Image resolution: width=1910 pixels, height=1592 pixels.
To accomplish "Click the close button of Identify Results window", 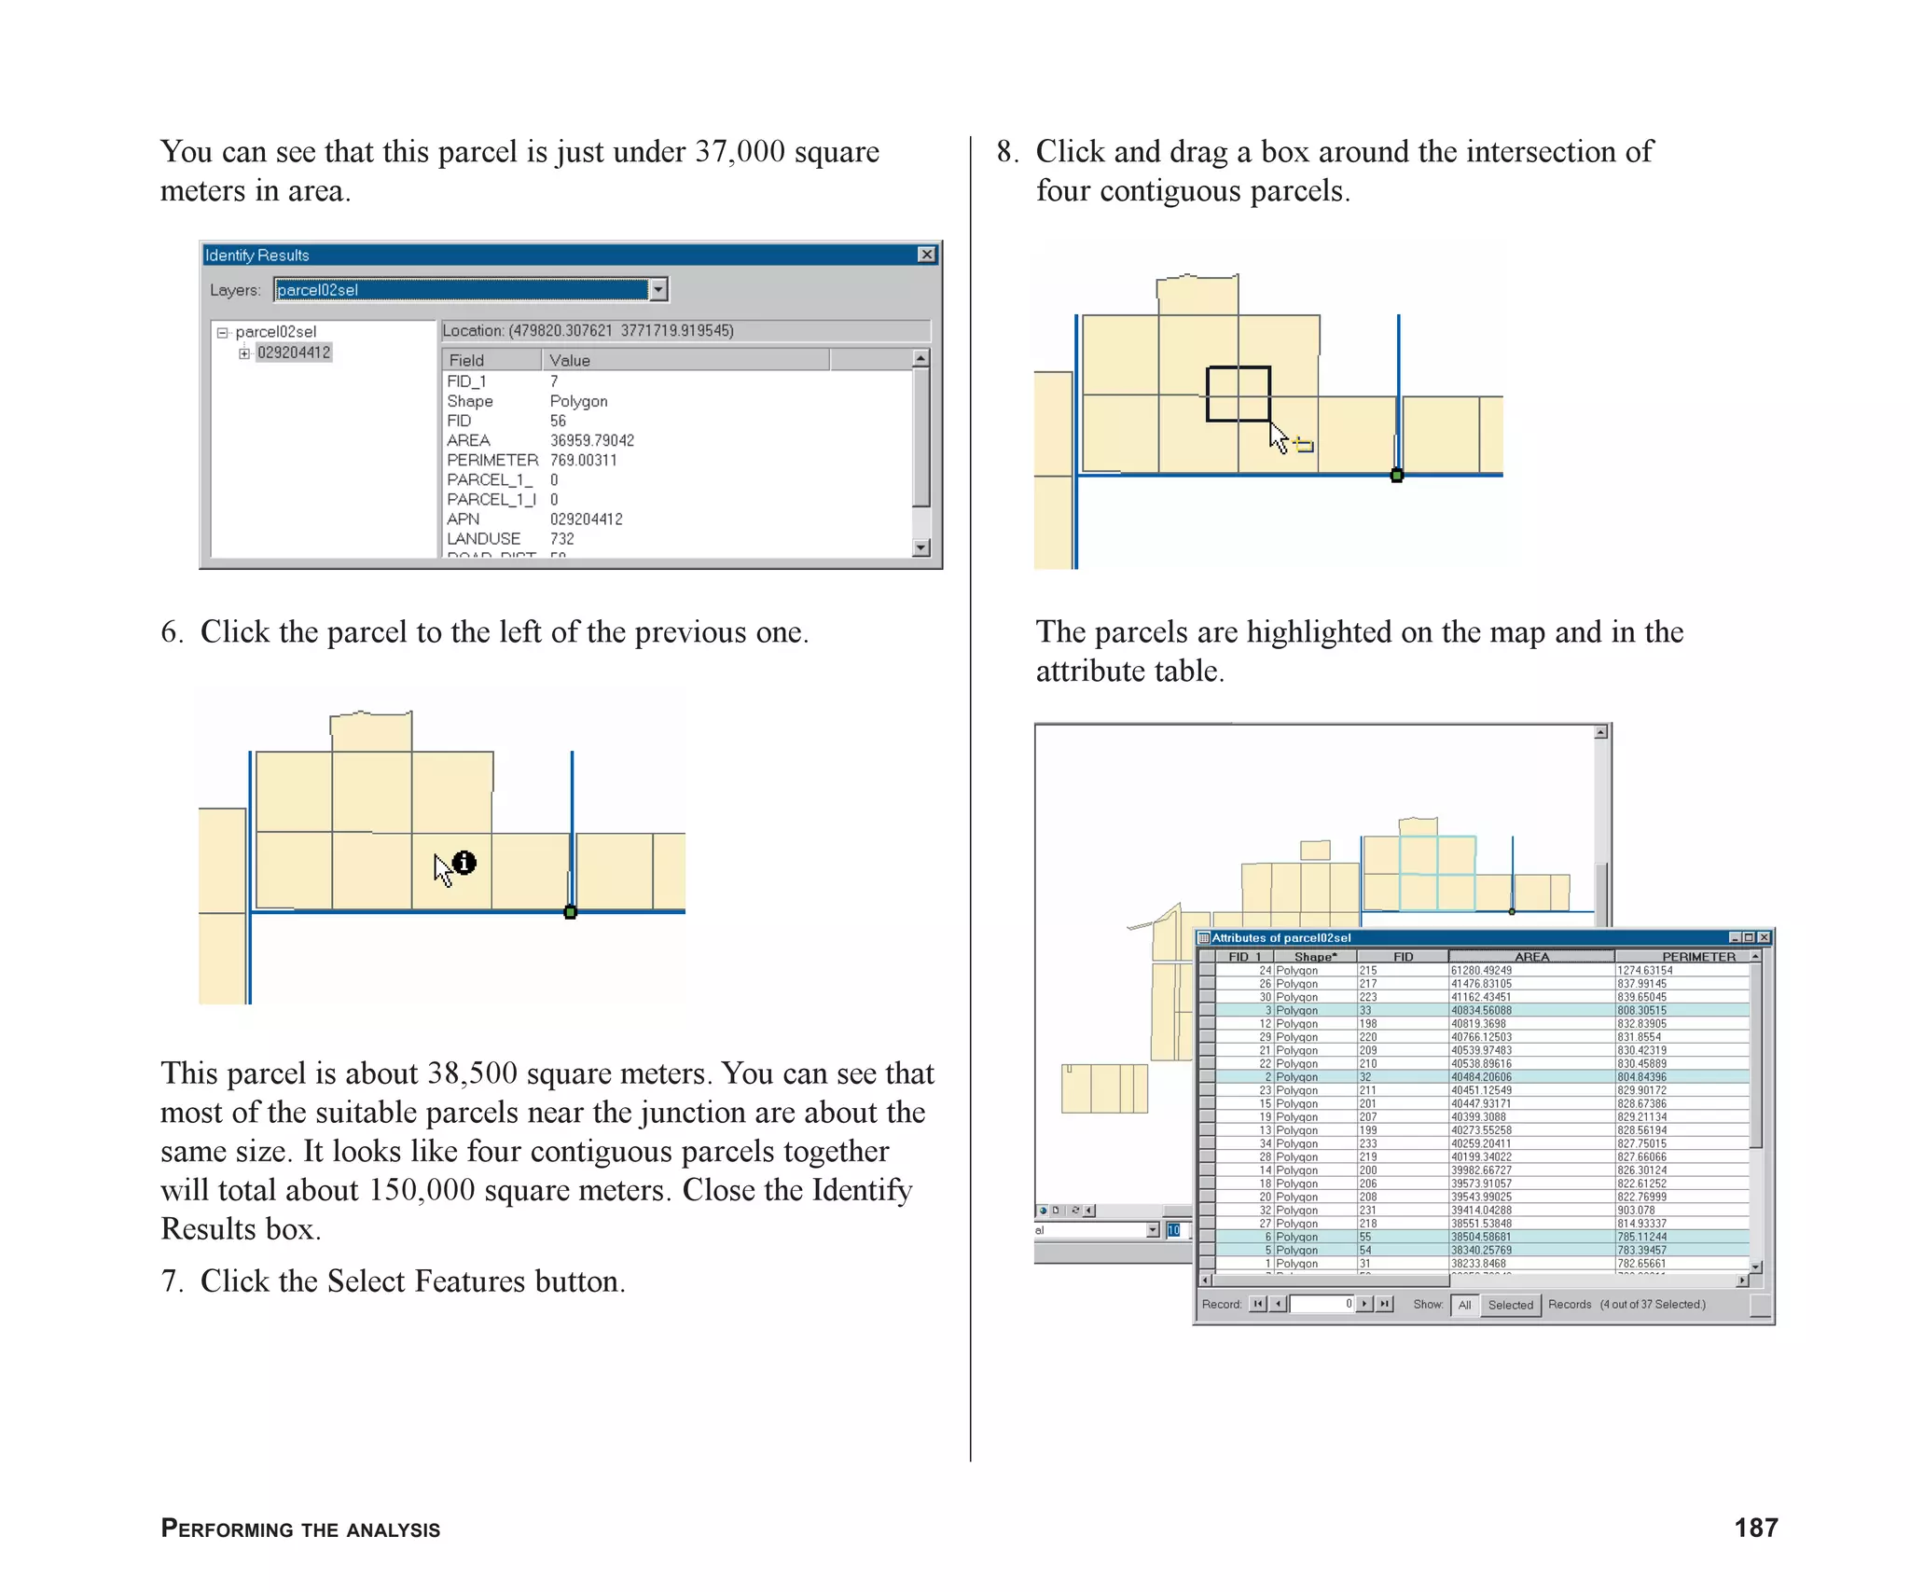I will coord(926,255).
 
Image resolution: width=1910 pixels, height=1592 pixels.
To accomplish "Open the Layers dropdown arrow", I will coord(658,290).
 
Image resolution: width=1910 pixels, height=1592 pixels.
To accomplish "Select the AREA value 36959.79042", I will coord(591,440).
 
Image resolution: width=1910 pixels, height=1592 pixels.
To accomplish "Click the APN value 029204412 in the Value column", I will coord(586,519).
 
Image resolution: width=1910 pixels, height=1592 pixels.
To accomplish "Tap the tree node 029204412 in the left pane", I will coord(294,353).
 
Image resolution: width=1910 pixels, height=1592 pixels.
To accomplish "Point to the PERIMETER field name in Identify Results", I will coord(491,460).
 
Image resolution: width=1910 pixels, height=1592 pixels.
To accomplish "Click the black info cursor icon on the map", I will coord(464,863).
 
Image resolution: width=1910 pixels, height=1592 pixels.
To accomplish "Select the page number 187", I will coord(1755,1528).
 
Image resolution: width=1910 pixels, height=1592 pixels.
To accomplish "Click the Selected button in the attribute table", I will coord(1510,1305).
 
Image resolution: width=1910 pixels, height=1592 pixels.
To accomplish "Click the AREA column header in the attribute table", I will coord(1531,957).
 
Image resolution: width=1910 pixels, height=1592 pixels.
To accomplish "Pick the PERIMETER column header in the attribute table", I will coord(1698,957).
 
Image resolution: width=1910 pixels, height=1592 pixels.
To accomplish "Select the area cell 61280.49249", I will coord(1481,971).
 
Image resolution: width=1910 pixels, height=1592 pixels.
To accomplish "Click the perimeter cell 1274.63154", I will coord(1644,971).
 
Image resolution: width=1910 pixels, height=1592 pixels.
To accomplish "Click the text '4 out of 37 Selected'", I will coord(1653,1305).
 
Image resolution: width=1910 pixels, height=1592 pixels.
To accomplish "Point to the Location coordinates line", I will coord(588,331).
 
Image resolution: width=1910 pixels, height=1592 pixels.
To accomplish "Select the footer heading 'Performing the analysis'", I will coord(300,1530).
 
